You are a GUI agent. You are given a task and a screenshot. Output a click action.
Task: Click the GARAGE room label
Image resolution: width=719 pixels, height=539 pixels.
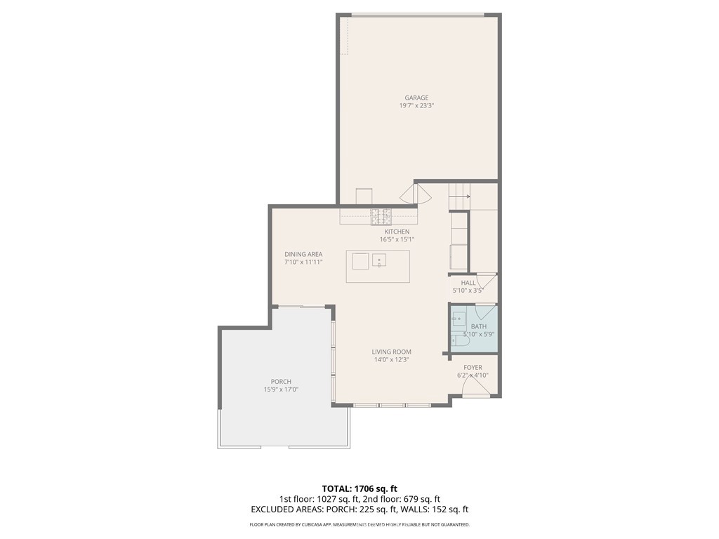[x=416, y=98]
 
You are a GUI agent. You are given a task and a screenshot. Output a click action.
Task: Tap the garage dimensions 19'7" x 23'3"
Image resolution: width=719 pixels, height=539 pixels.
[x=416, y=106]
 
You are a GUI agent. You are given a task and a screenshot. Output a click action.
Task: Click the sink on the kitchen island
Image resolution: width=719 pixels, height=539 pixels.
[x=379, y=260]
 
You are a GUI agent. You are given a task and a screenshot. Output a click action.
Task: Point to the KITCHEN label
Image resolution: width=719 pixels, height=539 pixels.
[x=397, y=232]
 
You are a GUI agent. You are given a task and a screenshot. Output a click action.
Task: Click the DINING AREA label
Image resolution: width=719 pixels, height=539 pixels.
[x=303, y=254]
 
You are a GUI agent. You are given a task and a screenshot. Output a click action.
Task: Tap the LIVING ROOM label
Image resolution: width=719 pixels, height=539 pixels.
[x=392, y=352]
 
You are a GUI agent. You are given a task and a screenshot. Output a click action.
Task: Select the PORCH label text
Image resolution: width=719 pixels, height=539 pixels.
[x=281, y=382]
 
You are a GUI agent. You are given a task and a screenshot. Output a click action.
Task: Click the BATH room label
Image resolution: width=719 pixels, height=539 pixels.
[x=478, y=326]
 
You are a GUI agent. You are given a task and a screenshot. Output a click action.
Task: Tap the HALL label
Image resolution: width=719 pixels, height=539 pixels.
[x=468, y=283]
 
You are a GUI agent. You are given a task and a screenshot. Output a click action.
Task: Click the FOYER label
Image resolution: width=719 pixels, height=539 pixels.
[x=473, y=367]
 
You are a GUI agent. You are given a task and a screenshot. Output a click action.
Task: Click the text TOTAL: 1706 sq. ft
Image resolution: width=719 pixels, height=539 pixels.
[x=359, y=488]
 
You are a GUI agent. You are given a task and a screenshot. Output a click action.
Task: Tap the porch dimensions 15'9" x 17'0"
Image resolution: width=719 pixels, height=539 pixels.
[x=281, y=390]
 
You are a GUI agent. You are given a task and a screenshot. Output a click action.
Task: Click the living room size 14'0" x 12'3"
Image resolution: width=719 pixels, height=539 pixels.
[x=392, y=359]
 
